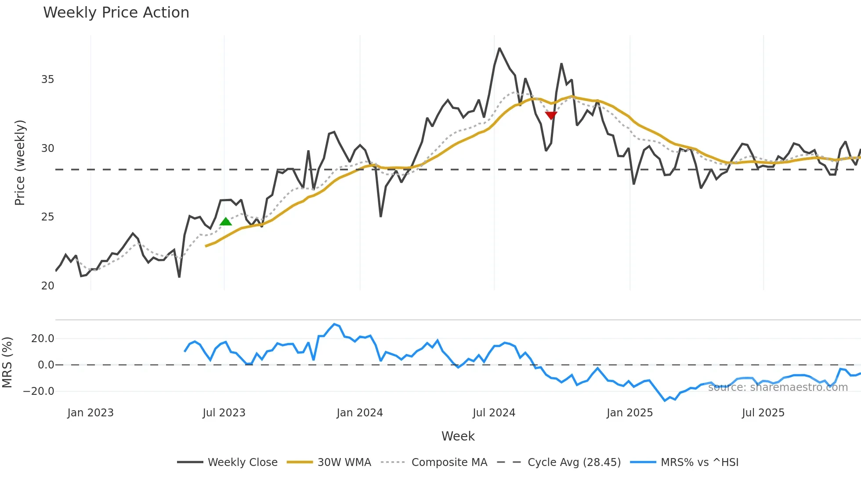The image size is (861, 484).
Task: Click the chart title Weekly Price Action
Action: (x=116, y=13)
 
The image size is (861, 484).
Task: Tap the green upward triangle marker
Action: (x=225, y=221)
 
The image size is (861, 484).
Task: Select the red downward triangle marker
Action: (x=551, y=115)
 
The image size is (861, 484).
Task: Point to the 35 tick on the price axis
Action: (x=47, y=79)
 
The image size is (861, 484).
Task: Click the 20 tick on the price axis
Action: (x=47, y=286)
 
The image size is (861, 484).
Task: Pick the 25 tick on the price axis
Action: (x=47, y=217)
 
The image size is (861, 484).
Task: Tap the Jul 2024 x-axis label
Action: (x=494, y=413)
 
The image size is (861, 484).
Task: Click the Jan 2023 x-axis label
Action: (x=90, y=413)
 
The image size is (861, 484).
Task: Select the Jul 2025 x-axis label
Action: (x=763, y=413)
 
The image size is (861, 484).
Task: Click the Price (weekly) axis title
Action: (x=20, y=163)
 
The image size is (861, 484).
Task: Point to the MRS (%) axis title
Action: (x=7, y=362)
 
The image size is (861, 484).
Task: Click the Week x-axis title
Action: (x=458, y=436)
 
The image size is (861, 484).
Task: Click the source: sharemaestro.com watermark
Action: (x=778, y=387)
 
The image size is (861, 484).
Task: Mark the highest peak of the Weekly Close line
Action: (x=499, y=48)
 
